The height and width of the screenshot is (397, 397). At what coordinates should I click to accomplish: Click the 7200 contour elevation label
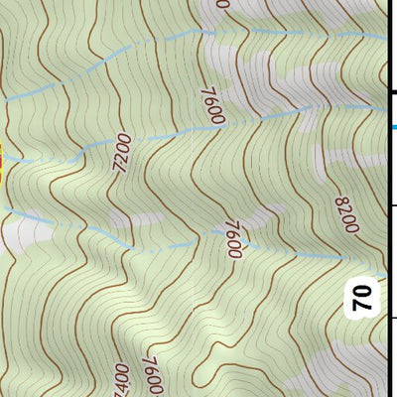coord(123,155)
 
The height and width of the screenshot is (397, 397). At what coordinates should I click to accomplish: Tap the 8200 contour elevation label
coord(345,214)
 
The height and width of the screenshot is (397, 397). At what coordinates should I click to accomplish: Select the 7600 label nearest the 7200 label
coord(213,107)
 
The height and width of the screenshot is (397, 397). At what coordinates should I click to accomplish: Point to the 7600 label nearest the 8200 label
coord(234,239)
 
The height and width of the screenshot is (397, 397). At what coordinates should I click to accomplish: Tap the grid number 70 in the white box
coord(363,296)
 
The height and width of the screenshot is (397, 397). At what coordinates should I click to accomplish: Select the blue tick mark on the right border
coord(392,127)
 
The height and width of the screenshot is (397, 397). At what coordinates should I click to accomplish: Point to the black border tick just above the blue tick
coord(392,92)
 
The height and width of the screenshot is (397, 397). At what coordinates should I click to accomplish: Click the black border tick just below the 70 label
coord(392,318)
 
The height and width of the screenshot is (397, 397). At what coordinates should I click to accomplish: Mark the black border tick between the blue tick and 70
coord(392,204)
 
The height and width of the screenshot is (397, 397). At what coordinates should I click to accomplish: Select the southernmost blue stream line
coord(198,245)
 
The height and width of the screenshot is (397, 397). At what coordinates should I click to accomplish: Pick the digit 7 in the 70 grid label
coord(363,304)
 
